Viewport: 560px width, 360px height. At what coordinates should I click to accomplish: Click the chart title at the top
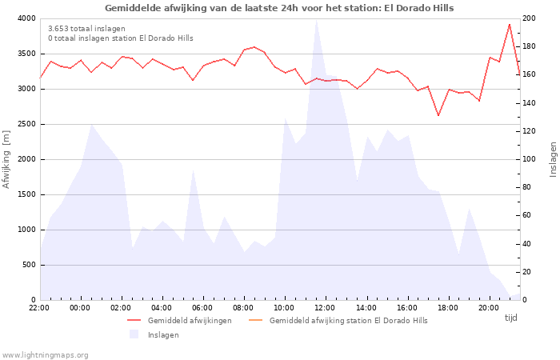[279, 8]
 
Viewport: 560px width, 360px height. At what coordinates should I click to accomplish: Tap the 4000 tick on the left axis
[25, 18]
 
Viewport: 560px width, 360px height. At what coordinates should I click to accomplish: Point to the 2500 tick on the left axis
[25, 124]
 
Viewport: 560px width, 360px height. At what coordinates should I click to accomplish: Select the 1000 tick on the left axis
[25, 230]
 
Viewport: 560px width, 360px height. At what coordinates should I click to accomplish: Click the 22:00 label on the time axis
[39, 307]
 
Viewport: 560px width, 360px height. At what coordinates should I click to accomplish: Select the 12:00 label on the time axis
[325, 307]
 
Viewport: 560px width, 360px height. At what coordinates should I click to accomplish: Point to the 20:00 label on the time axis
[488, 307]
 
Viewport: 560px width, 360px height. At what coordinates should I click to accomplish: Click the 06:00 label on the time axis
[202, 307]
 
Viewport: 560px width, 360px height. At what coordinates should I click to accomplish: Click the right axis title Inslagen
[552, 159]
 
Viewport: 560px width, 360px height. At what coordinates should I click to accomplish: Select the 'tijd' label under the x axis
[511, 318]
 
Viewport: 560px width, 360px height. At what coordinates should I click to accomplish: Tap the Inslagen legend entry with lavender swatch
[163, 334]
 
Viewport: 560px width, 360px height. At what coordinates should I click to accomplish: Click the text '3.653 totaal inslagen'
[86, 28]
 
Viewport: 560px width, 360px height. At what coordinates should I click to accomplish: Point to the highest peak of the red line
[510, 24]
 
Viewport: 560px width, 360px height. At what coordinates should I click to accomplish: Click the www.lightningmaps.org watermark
[46, 354]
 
